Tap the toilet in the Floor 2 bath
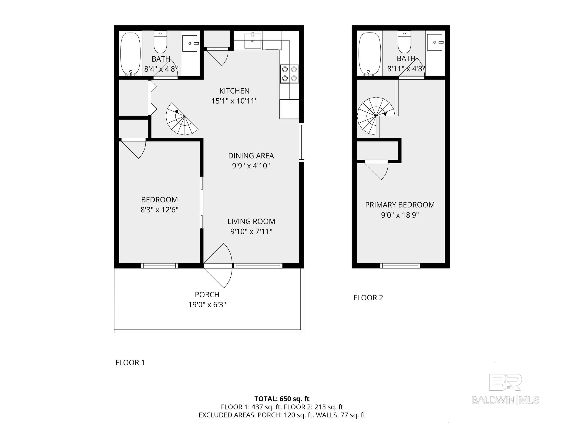[x=404, y=42]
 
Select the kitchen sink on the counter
[x=253, y=41]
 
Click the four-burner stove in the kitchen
[x=289, y=74]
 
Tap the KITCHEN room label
[x=234, y=91]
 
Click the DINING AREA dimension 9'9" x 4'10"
[x=251, y=166]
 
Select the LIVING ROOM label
[x=251, y=221]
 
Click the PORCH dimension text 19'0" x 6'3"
[x=207, y=305]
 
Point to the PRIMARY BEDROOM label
[x=399, y=205]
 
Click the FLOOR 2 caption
[x=368, y=298]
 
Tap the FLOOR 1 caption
[x=130, y=363]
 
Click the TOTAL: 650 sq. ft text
[x=282, y=399]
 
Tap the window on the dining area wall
[x=301, y=142]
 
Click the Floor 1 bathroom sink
[x=190, y=43]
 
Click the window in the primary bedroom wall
[x=400, y=266]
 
